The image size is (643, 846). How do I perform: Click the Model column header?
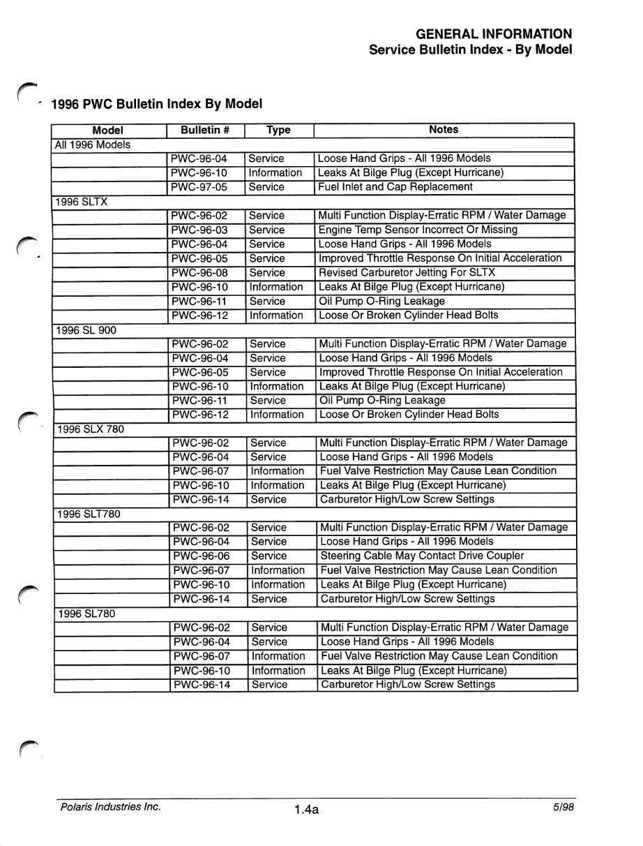click(107, 130)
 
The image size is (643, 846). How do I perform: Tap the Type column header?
click(278, 130)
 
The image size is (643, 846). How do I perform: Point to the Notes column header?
click(444, 130)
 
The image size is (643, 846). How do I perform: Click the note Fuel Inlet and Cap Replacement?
click(395, 187)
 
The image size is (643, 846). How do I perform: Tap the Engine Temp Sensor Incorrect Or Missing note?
click(417, 230)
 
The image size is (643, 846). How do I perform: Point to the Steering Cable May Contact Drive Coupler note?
click(422, 556)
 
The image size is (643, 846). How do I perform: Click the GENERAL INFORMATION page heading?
click(494, 34)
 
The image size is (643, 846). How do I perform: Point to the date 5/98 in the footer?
click(563, 807)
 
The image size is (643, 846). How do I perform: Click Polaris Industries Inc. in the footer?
click(110, 807)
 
